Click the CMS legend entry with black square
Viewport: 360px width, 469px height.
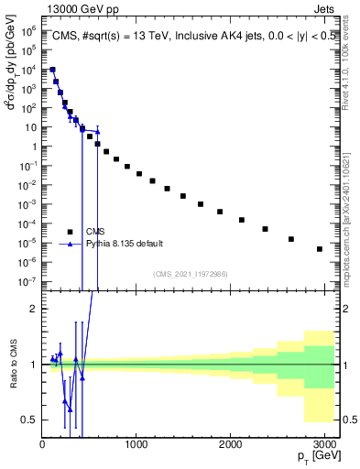95,231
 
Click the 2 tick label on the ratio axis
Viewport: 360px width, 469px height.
33,309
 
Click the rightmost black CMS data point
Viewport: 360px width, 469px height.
319,249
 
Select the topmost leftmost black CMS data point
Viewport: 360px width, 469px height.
52,70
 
